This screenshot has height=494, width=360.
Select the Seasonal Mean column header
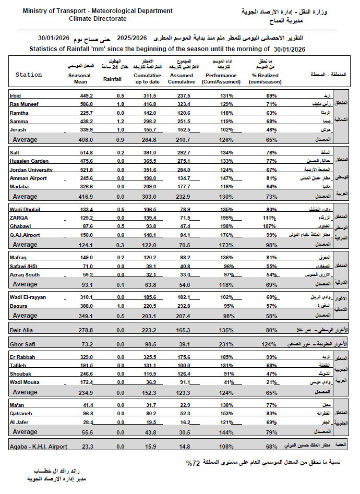tap(79, 78)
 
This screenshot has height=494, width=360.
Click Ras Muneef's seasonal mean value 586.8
tap(86, 104)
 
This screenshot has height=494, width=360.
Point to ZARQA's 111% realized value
tap(269, 217)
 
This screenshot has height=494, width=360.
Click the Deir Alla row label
tap(22, 330)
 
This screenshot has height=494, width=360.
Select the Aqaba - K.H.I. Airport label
tap(39, 447)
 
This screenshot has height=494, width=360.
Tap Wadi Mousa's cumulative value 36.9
tap(150, 382)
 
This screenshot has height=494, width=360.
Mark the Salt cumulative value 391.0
tap(150, 152)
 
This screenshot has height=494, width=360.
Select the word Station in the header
tap(29, 75)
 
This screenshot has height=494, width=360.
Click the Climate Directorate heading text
tap(98, 18)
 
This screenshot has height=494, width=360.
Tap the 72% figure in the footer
tap(193, 463)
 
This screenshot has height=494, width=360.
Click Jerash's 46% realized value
tap(271, 129)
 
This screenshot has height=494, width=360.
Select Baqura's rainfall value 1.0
tap(121, 306)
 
